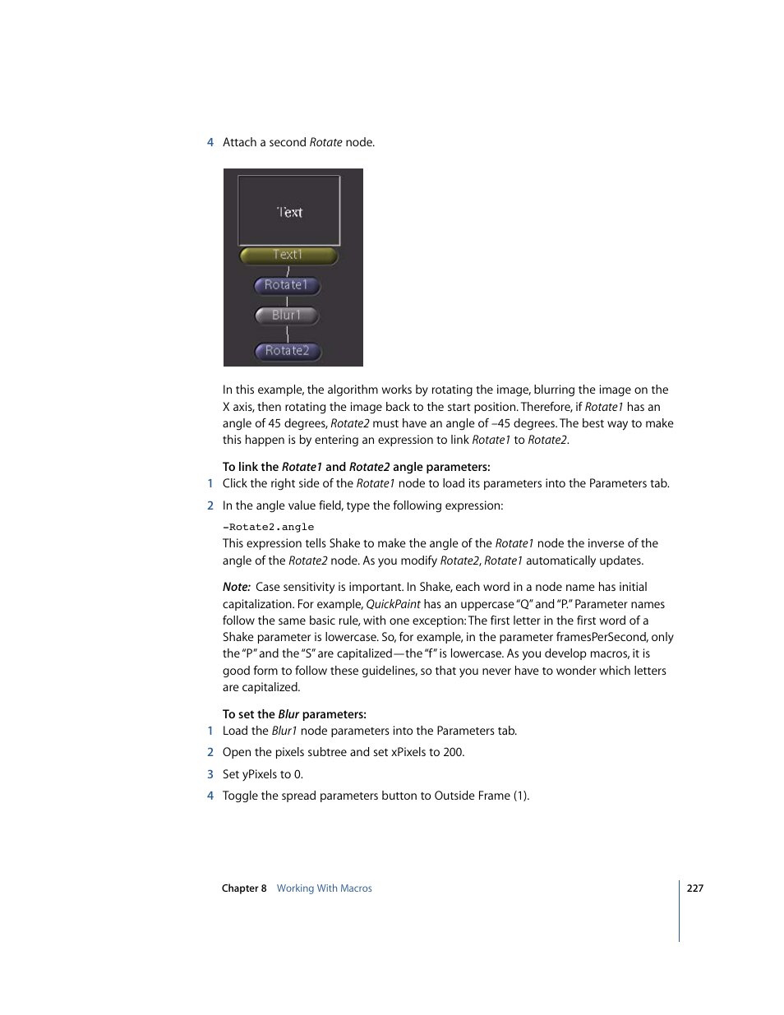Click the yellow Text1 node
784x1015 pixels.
pos(288,255)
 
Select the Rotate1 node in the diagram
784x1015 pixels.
pos(286,285)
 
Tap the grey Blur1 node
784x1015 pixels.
pos(286,315)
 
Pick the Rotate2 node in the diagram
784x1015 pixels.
pos(287,351)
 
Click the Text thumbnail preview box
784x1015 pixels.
pos(288,210)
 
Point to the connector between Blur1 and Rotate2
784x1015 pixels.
pos(288,333)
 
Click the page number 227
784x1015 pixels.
pos(695,888)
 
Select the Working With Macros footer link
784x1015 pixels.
pos(324,888)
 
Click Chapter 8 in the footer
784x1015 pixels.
pos(244,888)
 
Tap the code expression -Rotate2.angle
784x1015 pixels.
pos(269,528)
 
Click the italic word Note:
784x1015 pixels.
pos(237,587)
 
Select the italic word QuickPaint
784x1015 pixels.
pos(393,604)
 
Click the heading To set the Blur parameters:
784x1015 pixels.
pos(294,714)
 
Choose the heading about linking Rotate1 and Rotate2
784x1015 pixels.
pos(356,467)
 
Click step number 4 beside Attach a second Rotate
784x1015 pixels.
pos(210,142)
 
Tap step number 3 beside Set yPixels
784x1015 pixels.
pos(210,774)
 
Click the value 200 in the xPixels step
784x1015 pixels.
pos(453,752)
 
